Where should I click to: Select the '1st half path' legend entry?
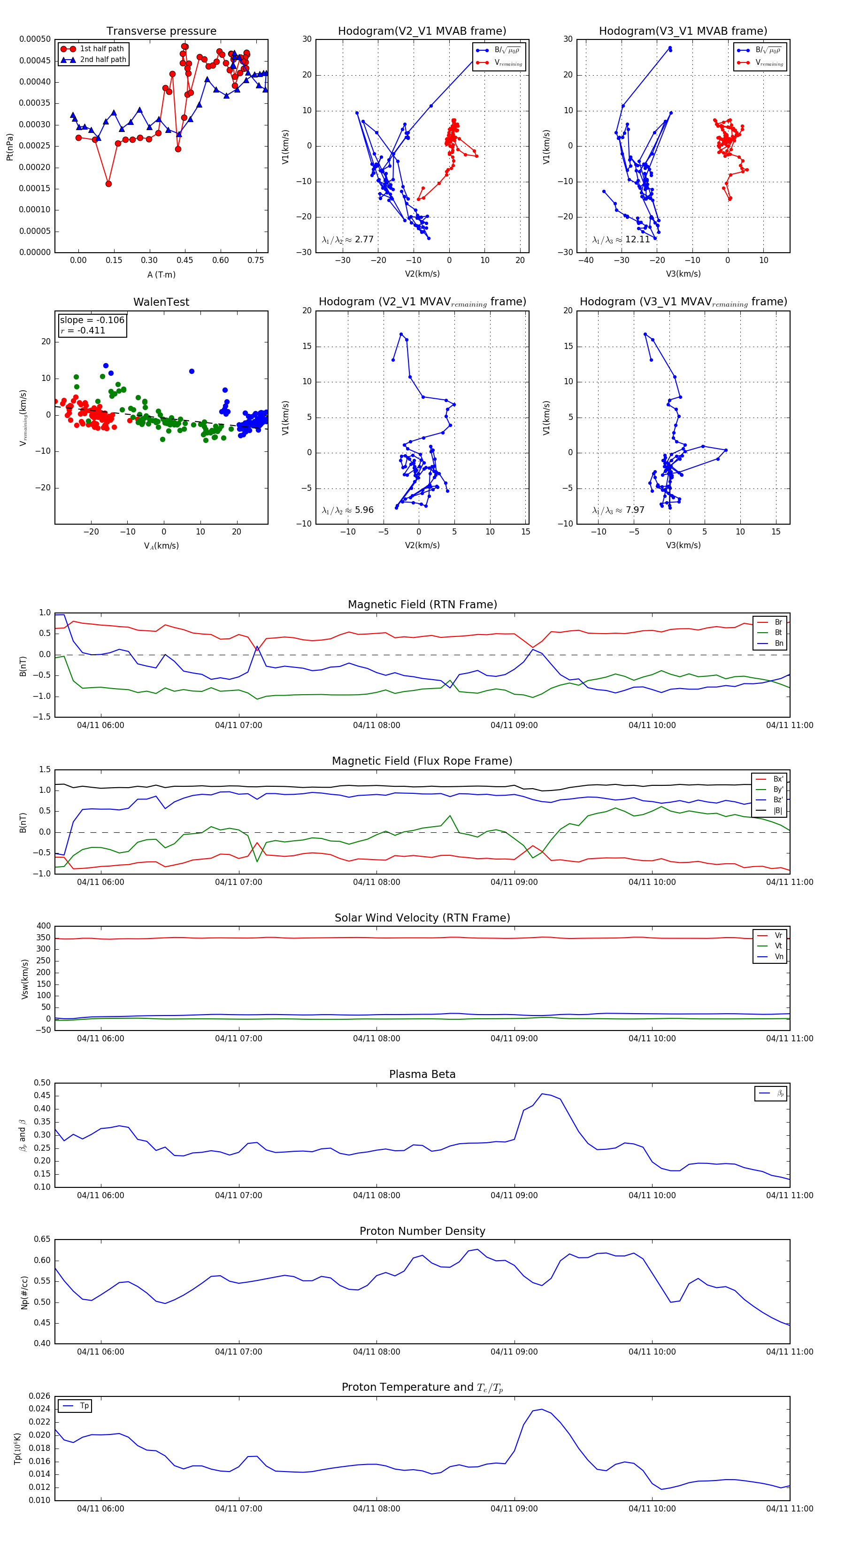[102, 49]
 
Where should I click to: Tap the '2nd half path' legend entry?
[103, 60]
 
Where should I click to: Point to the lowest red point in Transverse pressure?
[108, 184]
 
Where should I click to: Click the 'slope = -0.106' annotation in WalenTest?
[92, 320]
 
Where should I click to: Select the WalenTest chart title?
[161, 302]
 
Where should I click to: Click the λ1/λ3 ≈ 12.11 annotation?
[621, 240]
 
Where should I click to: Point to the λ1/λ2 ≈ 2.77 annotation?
[347, 240]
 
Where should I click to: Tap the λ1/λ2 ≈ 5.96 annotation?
[347, 510]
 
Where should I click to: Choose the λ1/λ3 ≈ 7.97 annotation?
[618, 510]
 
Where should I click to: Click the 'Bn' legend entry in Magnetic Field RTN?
[778, 643]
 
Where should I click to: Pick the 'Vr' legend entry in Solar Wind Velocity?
[778, 936]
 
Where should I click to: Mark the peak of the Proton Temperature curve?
[541, 1409]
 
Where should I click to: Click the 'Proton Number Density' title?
[422, 1231]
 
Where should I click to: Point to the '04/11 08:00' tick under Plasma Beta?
[376, 1195]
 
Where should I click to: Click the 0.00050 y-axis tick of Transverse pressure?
[35, 39]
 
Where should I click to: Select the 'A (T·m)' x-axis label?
[161, 274]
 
